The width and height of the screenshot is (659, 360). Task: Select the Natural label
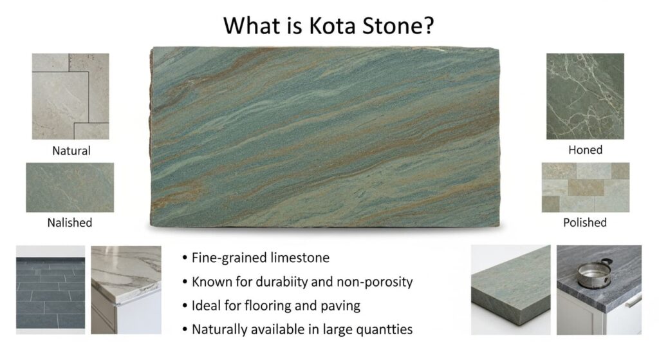[71, 151]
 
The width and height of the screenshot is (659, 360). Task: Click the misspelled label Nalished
[70, 223]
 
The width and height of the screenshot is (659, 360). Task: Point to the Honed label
[585, 150]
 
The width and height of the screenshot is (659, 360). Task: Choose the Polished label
[584, 222]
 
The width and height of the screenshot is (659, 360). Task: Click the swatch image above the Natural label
[71, 96]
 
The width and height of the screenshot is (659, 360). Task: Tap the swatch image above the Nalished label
[70, 187]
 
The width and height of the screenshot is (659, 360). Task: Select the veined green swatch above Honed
[585, 96]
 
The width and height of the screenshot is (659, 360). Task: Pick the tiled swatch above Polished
[585, 187]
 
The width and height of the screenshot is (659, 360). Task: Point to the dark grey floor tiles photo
[51, 289]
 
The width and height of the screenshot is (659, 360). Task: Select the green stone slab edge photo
[510, 289]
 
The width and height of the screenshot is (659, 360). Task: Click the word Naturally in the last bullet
[220, 329]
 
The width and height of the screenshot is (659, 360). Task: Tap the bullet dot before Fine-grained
[184, 258]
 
